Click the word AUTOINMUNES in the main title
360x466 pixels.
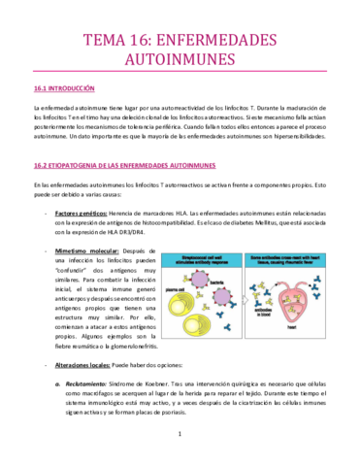point(180,59)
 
